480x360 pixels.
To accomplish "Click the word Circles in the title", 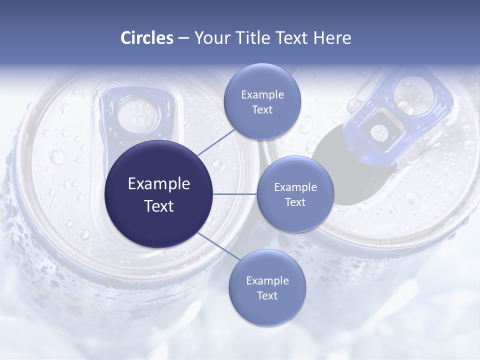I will (146, 38).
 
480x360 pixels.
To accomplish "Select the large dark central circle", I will (159, 194).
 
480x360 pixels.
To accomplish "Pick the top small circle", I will (262, 101).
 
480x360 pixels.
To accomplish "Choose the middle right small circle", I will (295, 194).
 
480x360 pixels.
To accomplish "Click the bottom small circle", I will (267, 287).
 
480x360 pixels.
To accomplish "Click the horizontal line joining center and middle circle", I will (235, 194).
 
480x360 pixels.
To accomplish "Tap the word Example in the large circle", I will (159, 183).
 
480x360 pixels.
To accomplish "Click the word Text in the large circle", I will (159, 205).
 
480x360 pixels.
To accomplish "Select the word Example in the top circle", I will (262, 94).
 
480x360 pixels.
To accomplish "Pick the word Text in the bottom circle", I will (267, 295).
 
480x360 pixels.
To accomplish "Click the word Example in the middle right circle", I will (295, 187).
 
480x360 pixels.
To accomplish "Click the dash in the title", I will (183, 38).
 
